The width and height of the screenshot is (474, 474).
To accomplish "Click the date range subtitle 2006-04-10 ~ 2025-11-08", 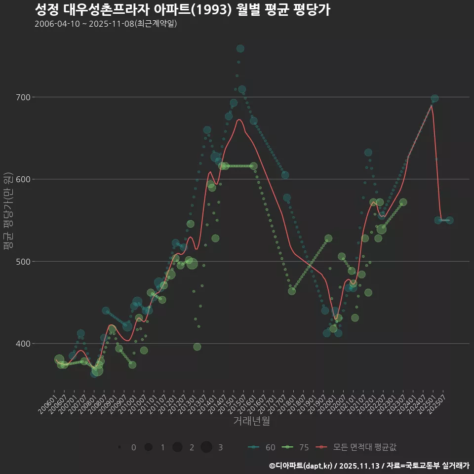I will (x=106, y=24).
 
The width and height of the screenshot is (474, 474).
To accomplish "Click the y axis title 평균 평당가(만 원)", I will (x=8, y=212).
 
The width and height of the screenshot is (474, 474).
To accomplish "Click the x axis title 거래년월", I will (x=251, y=421).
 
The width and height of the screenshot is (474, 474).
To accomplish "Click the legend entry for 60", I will (x=262, y=447).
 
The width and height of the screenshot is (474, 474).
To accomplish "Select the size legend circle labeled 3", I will (x=206, y=447).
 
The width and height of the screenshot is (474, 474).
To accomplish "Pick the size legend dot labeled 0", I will (x=120, y=447).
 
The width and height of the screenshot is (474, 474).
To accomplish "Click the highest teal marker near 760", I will (x=240, y=48).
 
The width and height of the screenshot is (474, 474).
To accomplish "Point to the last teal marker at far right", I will (x=450, y=220).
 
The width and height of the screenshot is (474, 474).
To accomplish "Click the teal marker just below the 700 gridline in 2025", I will (x=434, y=99).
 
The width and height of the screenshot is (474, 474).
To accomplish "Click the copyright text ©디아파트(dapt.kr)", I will (x=301, y=466).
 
